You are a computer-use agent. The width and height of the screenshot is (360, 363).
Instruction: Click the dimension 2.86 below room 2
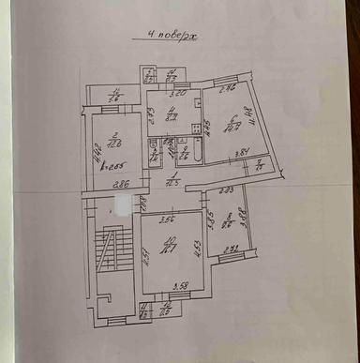pyautogui.click(x=119, y=184)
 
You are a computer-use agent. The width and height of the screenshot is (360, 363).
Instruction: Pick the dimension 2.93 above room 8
pyautogui.click(x=227, y=191)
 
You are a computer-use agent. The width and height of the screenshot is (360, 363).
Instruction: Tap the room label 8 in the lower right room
pyautogui.click(x=226, y=221)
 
